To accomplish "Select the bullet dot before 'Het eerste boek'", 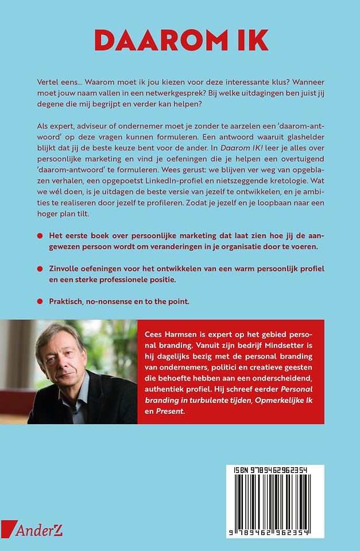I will [x=40, y=236].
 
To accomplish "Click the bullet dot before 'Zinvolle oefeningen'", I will [x=40, y=269].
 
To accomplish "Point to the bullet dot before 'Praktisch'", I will [x=40, y=301].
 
